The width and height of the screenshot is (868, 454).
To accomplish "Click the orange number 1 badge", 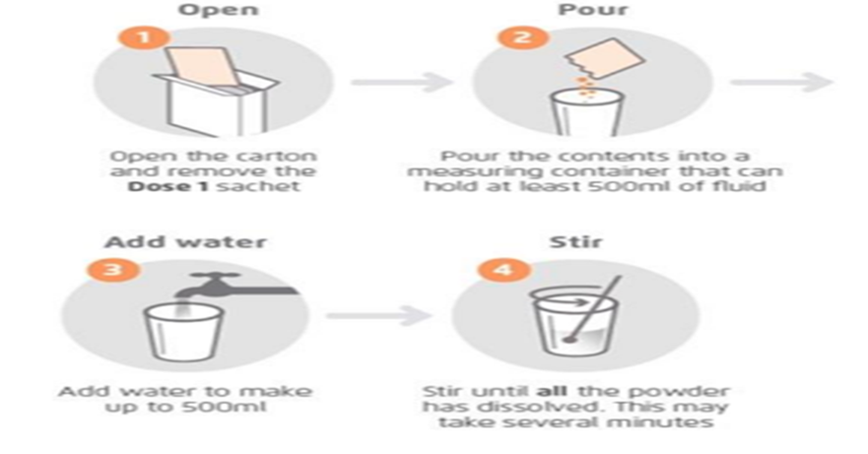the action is (144, 37).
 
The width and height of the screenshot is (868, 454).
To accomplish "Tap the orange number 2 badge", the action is (522, 37).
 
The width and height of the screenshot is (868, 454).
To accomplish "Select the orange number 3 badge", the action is (113, 270).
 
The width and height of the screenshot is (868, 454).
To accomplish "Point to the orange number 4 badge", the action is (503, 270).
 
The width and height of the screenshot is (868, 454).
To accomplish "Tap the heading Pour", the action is (592, 10).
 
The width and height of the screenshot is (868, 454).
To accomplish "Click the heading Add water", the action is (186, 242).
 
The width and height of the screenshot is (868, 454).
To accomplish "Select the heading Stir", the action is (575, 242).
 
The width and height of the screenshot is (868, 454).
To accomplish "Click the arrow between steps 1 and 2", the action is (402, 83).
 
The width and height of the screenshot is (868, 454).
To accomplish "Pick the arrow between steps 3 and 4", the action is (378, 315).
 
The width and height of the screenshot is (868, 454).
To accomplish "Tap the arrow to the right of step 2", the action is (781, 83).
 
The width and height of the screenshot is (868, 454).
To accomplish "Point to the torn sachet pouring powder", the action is (605, 59).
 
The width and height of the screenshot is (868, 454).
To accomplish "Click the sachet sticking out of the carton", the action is (199, 68).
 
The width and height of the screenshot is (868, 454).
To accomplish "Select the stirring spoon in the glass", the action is (592, 309).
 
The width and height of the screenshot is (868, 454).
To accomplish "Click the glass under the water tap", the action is (184, 332).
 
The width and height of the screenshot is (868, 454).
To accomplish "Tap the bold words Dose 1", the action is (167, 186).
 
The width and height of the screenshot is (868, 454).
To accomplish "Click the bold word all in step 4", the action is (552, 391).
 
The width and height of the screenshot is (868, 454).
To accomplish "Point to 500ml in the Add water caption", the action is (234, 407).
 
